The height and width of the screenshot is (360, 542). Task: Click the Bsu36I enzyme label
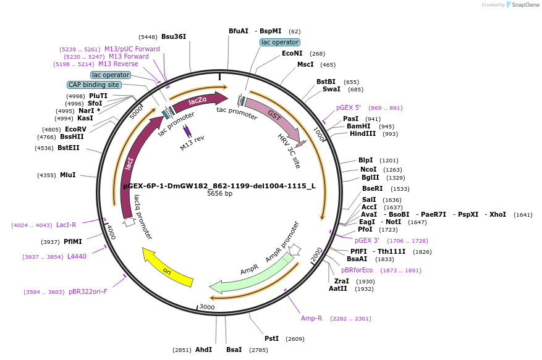pyautogui.click(x=174, y=36)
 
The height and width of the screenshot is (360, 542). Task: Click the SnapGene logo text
pyautogui.click(x=522, y=5)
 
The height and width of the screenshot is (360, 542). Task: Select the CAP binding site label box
pyautogui.click(x=93, y=85)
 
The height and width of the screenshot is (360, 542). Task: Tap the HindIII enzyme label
pyautogui.click(x=363, y=134)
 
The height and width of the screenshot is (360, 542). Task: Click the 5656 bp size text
pyautogui.click(x=219, y=194)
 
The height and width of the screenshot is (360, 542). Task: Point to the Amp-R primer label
pyautogui.click(x=311, y=319)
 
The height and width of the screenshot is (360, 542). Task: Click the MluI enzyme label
pyautogui.click(x=68, y=175)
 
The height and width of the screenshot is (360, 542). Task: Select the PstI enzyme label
pyautogui.click(x=271, y=338)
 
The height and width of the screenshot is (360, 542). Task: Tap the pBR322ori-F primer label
pyautogui.click(x=88, y=291)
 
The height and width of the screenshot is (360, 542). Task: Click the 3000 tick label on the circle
pyautogui.click(x=207, y=307)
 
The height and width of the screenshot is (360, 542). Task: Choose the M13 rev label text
pyautogui.click(x=192, y=146)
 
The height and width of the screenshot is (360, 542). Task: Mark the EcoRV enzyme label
pyautogui.click(x=75, y=129)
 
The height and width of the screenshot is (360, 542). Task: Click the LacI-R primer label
pyautogui.click(x=66, y=225)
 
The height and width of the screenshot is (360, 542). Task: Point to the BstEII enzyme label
pyautogui.click(x=69, y=148)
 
